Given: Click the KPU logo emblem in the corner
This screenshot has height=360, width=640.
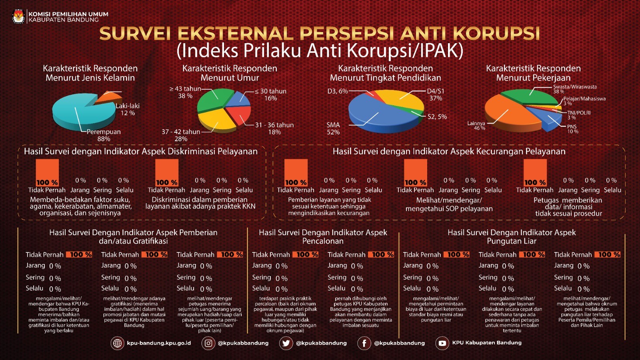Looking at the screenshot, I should (x=18, y=16).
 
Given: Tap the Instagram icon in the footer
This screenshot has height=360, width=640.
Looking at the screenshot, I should (x=208, y=343).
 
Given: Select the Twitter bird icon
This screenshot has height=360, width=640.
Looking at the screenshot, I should (x=286, y=343).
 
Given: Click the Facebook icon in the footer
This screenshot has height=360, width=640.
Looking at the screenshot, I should (x=364, y=343).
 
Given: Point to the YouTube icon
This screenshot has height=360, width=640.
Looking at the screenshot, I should (x=442, y=343).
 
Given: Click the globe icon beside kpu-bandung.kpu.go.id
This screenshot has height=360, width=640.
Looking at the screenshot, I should (x=117, y=343).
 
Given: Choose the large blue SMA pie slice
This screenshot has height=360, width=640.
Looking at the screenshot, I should (x=376, y=116).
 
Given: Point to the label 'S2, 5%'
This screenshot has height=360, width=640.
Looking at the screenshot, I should (x=437, y=117).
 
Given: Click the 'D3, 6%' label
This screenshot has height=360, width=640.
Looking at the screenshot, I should (x=338, y=91).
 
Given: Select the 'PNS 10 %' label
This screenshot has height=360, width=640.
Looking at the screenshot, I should (x=572, y=129).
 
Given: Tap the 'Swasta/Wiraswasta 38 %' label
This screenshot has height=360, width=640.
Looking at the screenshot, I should (x=574, y=89).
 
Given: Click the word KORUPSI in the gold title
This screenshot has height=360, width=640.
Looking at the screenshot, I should (x=496, y=34).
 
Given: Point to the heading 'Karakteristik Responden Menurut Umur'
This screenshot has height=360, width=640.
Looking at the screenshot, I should (x=230, y=73).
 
